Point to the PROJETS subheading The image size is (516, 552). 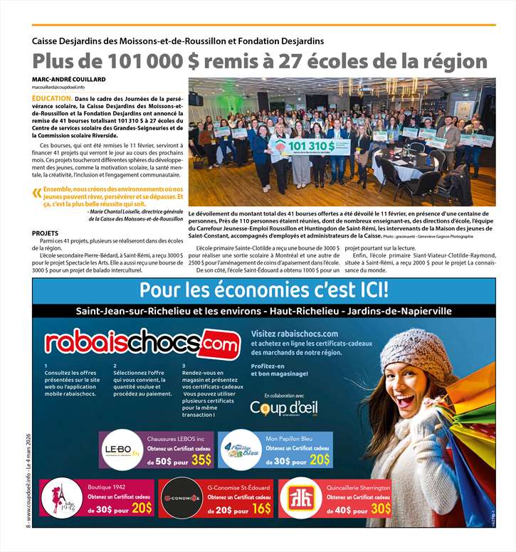[x=46, y=233]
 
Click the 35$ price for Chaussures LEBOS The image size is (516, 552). [x=201, y=461]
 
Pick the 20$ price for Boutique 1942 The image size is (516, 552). [x=141, y=507]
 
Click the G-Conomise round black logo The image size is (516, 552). [x=179, y=497]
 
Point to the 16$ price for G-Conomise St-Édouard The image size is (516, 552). [x=261, y=508]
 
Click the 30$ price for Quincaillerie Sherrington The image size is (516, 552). [x=380, y=508]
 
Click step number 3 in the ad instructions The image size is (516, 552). [x=184, y=366]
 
